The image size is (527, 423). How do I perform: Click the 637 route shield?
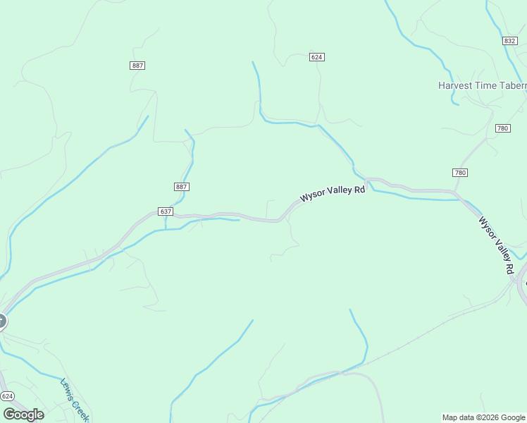point(166,211)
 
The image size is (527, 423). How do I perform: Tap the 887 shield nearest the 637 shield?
point(181,187)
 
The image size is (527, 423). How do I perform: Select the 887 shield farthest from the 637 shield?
point(137,66)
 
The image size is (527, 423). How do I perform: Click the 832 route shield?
point(510,41)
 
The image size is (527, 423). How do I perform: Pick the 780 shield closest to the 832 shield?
point(502,128)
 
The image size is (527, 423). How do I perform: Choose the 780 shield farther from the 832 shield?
point(459,173)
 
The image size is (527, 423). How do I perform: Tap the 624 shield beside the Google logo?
point(7,397)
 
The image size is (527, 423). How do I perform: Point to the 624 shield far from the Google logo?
point(316,57)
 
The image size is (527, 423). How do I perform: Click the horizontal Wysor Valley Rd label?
point(333,193)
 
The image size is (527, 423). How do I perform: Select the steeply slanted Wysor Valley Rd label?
point(496,245)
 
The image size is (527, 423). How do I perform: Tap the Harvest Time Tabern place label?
point(483,85)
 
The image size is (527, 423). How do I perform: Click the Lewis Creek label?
point(74,400)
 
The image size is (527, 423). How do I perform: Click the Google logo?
point(23,415)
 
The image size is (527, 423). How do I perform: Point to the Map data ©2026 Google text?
point(484,417)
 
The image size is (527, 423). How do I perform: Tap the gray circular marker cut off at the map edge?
point(1,322)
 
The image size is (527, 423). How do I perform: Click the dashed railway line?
point(423,334)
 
